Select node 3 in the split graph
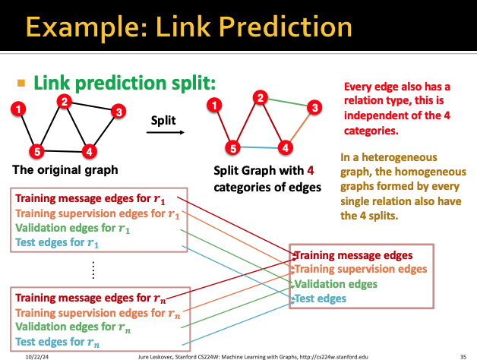pos(313,109)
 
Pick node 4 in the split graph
pos(286,147)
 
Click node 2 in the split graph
pos(261,97)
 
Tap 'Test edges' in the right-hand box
pos(320,298)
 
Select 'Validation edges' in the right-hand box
pos(335,284)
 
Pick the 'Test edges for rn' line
pos(57,342)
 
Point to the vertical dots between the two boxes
pos(93,269)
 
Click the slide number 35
pos(463,355)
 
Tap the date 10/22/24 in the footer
pos(37,355)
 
